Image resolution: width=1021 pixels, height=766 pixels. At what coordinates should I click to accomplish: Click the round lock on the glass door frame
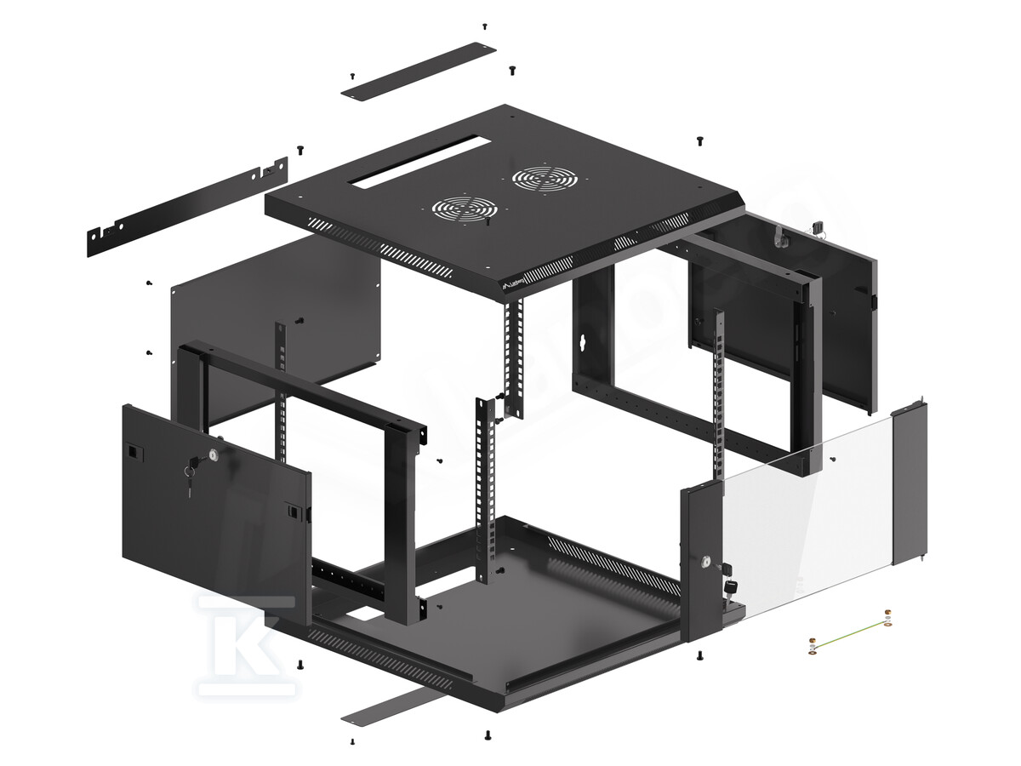pos(705,562)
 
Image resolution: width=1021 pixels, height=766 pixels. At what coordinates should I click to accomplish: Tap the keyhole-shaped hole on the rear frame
pos(583,343)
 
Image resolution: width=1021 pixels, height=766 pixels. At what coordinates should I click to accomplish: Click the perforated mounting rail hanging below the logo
pos(512,357)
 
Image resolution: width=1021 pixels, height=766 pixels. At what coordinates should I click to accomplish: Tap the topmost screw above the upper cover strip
pos(484,26)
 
